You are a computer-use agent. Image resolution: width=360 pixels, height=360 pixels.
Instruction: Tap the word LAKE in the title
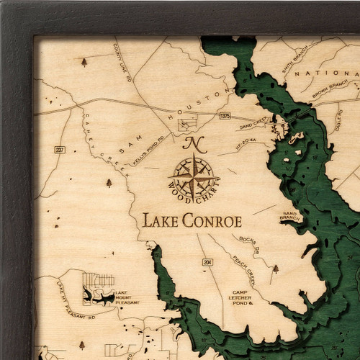pyautogui.click(x=159, y=220)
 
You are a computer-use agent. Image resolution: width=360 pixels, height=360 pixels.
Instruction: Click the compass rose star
pyautogui.click(x=194, y=175)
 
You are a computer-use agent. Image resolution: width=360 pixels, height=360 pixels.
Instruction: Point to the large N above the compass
pyautogui.click(x=194, y=144)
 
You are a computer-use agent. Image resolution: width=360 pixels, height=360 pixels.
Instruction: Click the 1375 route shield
pyautogui.click(x=225, y=115)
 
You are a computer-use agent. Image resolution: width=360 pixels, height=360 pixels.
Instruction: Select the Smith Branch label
pyautogui.click(x=298, y=63)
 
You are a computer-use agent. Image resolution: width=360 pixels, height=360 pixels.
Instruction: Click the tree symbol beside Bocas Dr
pyautogui.click(x=275, y=269)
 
